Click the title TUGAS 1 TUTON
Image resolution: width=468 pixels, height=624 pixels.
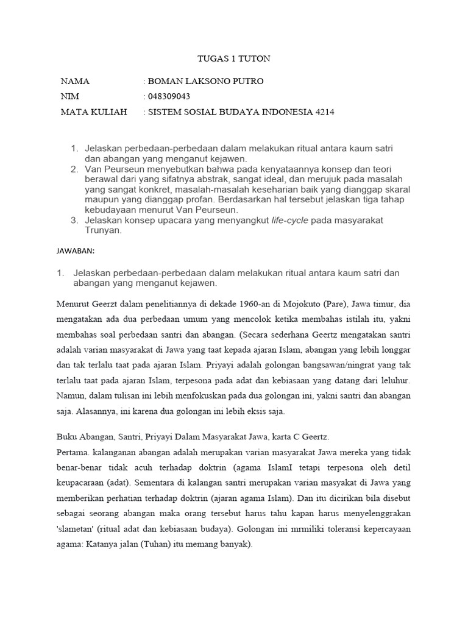point(234,59)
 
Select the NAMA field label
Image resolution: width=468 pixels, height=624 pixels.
point(75,81)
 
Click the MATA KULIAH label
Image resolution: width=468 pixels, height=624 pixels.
point(94,112)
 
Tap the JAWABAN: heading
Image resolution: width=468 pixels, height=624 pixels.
point(76,250)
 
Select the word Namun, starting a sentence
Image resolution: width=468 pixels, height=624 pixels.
point(71,395)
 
